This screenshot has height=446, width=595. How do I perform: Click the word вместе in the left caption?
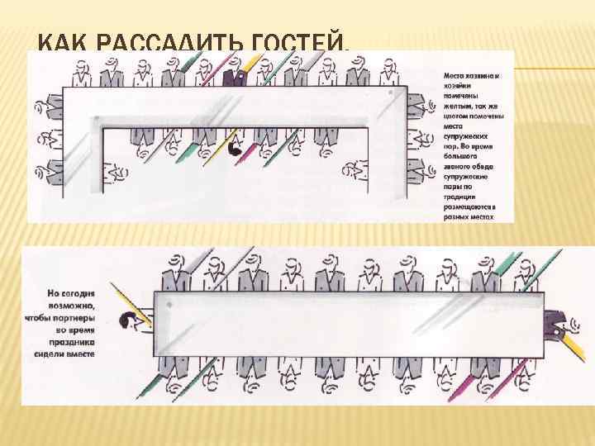[80, 352]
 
